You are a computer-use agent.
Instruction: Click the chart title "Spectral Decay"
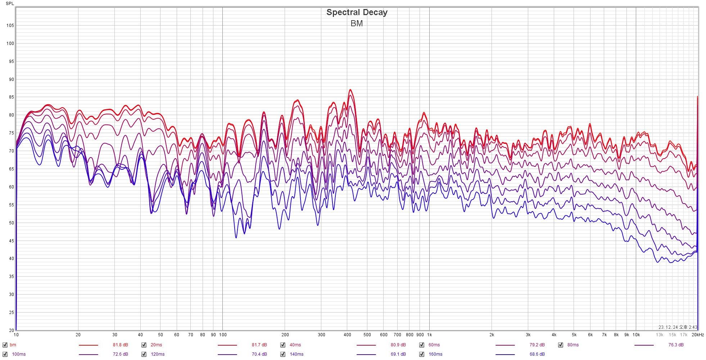pos(357,12)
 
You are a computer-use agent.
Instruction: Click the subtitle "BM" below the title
pos(357,24)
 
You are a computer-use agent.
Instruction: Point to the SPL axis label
pos(10,4)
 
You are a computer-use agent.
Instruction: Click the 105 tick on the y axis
pos(10,26)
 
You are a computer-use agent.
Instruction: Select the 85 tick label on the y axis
pos(12,97)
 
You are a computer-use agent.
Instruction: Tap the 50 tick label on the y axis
pos(12,223)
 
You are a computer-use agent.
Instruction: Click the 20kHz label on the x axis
pos(698,335)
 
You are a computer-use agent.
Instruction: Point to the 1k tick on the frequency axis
pos(429,335)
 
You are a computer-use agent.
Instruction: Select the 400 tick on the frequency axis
pos(347,335)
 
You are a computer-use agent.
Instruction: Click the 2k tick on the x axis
pos(492,335)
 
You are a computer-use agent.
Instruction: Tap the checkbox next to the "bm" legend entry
pos(5,345)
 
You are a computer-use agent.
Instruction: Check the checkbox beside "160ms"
pos(422,354)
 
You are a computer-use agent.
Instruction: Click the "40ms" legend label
pos(295,345)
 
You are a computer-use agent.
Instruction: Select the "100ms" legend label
pos(19,354)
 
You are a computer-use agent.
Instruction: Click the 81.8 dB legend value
pos(120,345)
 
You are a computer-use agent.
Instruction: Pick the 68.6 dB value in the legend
pos(537,354)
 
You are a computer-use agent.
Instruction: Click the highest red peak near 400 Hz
pos(350,90)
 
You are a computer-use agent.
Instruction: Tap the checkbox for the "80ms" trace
pos(561,345)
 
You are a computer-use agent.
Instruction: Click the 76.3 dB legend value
pos(676,345)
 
